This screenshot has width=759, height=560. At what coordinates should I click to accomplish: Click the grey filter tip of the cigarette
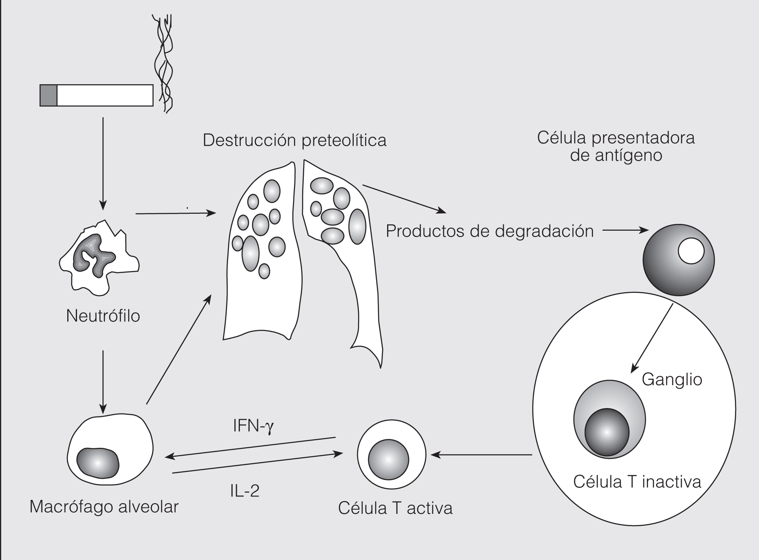(48, 95)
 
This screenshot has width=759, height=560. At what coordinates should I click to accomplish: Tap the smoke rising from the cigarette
(164, 63)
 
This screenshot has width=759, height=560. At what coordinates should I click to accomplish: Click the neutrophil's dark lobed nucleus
(93, 254)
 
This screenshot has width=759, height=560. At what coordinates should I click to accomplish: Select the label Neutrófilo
(103, 316)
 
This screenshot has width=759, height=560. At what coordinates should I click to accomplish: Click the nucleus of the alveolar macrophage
(98, 463)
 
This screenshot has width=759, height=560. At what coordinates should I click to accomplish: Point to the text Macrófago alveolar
(104, 507)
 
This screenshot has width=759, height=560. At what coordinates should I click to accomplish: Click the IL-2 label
(245, 491)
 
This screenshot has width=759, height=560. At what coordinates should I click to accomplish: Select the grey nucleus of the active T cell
(388, 459)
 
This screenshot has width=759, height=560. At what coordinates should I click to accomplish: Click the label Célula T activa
(395, 508)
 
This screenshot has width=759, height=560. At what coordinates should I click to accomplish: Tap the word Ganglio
(672, 379)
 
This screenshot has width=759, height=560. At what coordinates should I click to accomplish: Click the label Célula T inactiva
(637, 482)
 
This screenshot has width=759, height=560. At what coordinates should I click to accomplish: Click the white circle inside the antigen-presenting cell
(691, 251)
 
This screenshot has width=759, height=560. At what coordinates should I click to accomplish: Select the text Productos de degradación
(490, 231)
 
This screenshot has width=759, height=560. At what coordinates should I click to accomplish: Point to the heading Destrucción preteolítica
(294, 140)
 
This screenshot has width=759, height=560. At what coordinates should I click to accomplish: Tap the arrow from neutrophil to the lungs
(176, 213)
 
